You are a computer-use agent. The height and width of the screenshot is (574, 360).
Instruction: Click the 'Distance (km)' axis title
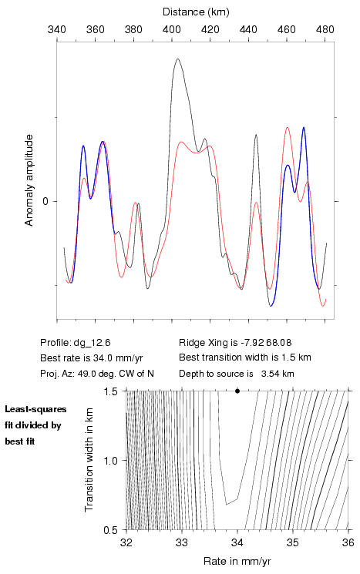[x=196, y=12]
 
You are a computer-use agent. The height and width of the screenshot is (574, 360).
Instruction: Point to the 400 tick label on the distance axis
[x=172, y=29]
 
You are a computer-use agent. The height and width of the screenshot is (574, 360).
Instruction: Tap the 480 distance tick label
[x=325, y=29]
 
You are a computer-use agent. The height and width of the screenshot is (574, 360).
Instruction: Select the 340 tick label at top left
[x=57, y=29]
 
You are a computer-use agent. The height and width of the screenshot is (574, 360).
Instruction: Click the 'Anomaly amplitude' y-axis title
[x=29, y=180]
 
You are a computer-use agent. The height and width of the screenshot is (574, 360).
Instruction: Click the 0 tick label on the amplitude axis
[x=45, y=201]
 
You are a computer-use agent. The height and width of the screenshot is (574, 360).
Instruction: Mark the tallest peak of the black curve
[x=178, y=59]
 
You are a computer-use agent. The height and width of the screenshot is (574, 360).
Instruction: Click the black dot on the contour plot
[x=237, y=391]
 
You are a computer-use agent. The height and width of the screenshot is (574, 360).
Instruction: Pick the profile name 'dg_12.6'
[x=92, y=343]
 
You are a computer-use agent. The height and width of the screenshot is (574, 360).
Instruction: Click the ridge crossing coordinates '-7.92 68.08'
[x=266, y=343]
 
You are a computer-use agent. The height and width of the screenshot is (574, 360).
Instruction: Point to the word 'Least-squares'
[x=35, y=409]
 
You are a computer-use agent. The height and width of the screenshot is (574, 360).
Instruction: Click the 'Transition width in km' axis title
[x=89, y=460]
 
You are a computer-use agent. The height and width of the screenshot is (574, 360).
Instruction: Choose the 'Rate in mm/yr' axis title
[x=237, y=561]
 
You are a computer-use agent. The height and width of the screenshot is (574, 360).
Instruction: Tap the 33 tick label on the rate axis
[x=182, y=542]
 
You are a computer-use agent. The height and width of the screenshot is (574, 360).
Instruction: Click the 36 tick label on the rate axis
[x=348, y=542]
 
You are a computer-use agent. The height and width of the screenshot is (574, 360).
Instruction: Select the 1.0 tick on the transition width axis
[x=110, y=461]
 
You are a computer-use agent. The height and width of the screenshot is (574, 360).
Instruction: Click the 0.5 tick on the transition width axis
[x=110, y=530]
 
